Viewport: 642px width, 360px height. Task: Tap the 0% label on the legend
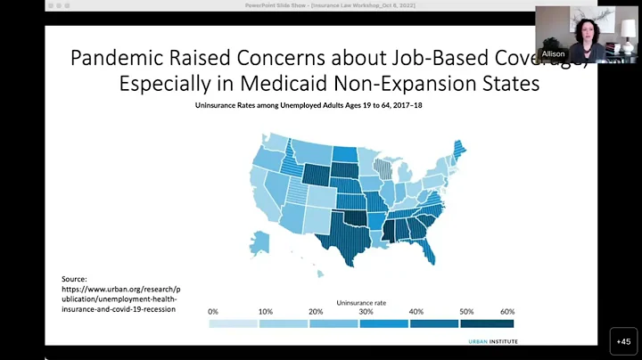tap(213, 312)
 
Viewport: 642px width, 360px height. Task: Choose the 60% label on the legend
tap(508, 312)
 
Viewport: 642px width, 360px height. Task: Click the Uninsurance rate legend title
tap(361, 303)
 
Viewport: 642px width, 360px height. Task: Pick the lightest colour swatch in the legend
tap(234, 323)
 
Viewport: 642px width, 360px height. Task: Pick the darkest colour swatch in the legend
tap(488, 323)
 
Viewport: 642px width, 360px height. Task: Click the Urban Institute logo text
tap(491, 340)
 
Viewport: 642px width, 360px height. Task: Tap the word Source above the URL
tap(75, 279)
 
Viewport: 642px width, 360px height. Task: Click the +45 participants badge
tap(623, 340)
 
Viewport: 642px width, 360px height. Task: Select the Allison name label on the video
tap(553, 54)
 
